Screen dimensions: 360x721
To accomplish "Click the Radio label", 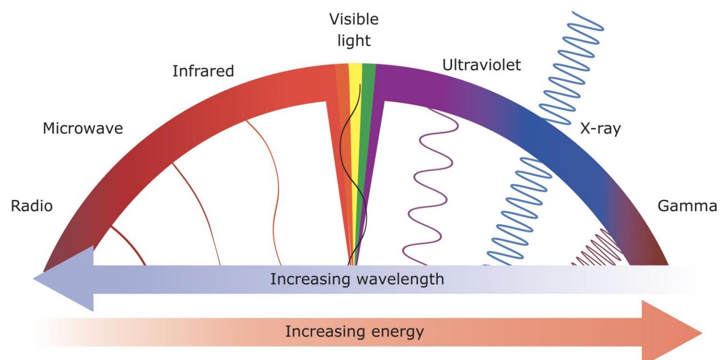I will point(32,206).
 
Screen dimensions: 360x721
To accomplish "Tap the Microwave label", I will point(83,129).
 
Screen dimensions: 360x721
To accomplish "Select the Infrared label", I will point(203,72).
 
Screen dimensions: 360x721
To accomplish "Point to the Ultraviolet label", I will point(481,66).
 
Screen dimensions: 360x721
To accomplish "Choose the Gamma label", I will point(687,206).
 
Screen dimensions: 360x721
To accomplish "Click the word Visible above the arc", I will point(353,20).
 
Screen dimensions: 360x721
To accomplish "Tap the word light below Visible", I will point(354,41).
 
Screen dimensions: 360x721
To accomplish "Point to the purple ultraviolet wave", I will point(429,192).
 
